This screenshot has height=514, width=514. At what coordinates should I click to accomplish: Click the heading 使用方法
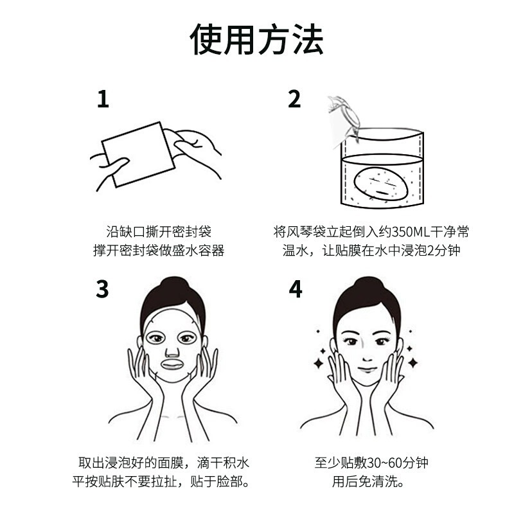tap(256, 39)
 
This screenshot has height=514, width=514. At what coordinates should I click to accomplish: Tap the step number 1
tap(103, 100)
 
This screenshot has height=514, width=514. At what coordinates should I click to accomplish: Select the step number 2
tap(294, 100)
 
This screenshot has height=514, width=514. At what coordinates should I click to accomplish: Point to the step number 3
tap(102, 288)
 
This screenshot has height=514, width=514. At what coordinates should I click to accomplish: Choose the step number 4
tap(296, 288)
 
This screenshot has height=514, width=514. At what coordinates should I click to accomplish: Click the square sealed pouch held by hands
tap(138, 154)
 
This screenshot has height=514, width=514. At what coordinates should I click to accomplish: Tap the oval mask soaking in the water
tap(381, 184)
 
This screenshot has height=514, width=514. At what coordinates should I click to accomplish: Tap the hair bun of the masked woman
tap(173, 284)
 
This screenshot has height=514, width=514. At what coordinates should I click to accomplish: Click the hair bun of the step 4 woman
tap(368, 284)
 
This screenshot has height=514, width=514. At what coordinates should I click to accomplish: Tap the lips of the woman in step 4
tap(368, 369)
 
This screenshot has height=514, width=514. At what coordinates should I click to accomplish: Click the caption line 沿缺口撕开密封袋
tap(159, 232)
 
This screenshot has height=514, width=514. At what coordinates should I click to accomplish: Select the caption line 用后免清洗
tap(368, 481)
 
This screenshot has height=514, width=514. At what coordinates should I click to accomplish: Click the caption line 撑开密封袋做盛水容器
tap(159, 251)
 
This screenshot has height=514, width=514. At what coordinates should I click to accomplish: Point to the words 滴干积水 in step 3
tap(223, 463)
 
